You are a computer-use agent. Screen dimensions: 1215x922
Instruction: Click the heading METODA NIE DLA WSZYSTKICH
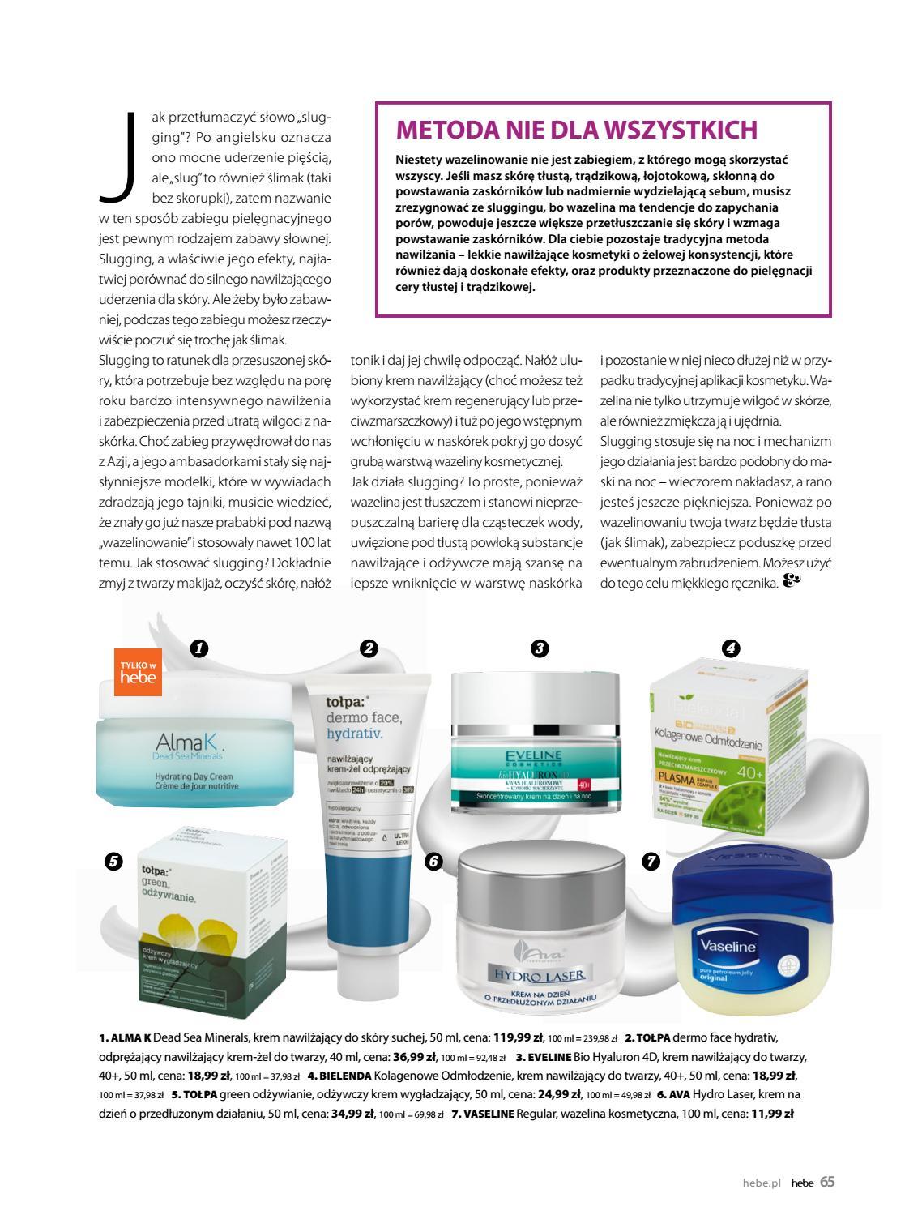[x=576, y=130]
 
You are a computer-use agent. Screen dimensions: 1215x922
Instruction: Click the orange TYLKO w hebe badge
[x=139, y=672]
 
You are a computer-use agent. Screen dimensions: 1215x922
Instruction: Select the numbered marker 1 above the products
[x=198, y=648]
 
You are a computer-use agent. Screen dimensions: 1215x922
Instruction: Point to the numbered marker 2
[x=369, y=648]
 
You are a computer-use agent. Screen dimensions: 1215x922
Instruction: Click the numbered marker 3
[x=540, y=648]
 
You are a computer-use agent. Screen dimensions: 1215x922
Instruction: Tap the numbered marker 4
[x=730, y=648]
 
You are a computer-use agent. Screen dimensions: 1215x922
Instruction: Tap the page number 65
[x=826, y=1182]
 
